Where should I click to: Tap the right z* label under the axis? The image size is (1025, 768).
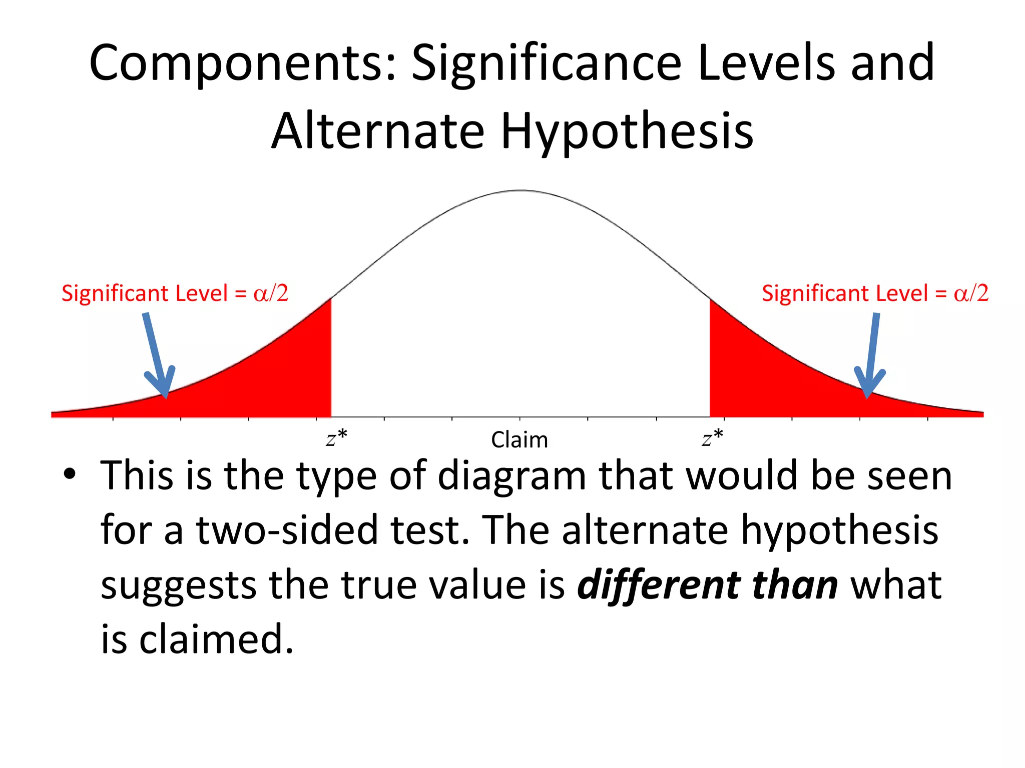(x=712, y=438)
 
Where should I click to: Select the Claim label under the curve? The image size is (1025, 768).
(x=520, y=440)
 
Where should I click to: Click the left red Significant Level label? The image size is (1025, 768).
(x=175, y=293)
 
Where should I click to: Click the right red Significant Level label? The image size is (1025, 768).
(x=875, y=293)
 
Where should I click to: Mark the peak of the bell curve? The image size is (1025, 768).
(x=522, y=190)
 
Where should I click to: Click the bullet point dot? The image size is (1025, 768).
(x=70, y=473)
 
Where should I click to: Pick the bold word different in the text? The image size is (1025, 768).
(x=658, y=585)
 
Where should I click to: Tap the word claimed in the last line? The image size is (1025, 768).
(x=216, y=639)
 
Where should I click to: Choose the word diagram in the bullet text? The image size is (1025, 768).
(x=511, y=476)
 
